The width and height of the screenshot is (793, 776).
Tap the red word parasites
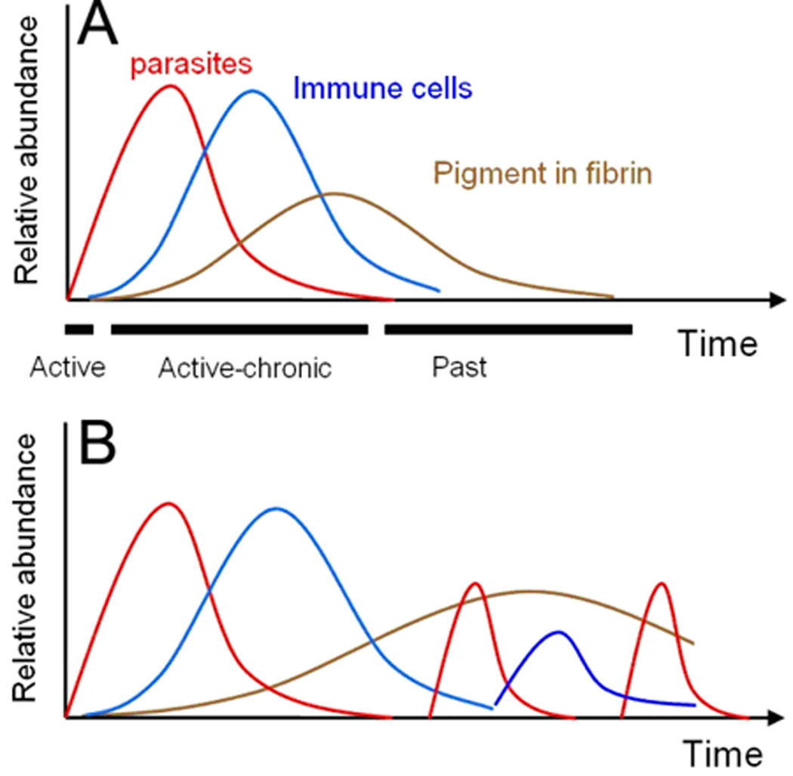(x=190, y=65)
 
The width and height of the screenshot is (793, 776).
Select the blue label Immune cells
(x=383, y=88)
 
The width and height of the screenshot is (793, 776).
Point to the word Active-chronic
(x=245, y=368)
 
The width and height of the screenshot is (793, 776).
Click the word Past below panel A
(x=459, y=368)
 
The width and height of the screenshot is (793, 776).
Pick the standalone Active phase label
(x=66, y=368)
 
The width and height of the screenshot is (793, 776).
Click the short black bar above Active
(x=79, y=329)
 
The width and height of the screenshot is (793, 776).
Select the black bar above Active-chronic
(x=239, y=329)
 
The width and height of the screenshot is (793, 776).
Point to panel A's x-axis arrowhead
(x=774, y=300)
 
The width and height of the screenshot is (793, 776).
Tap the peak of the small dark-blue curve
(x=558, y=632)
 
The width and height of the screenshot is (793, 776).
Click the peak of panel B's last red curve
(x=662, y=583)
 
